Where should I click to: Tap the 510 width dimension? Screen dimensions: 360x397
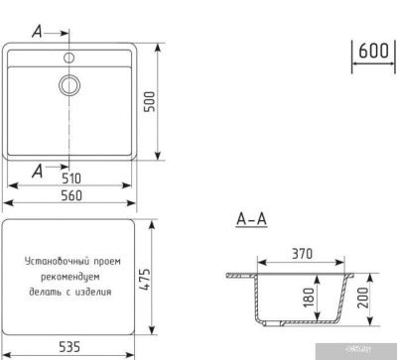click(x=70, y=180)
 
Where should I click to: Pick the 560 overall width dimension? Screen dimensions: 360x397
click(x=70, y=195)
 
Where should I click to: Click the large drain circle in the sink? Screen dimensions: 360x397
click(x=70, y=84)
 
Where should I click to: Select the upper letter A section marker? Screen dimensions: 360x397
click(x=37, y=30)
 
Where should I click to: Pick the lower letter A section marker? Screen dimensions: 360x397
click(x=37, y=171)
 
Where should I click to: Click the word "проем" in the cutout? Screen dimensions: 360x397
click(x=106, y=261)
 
